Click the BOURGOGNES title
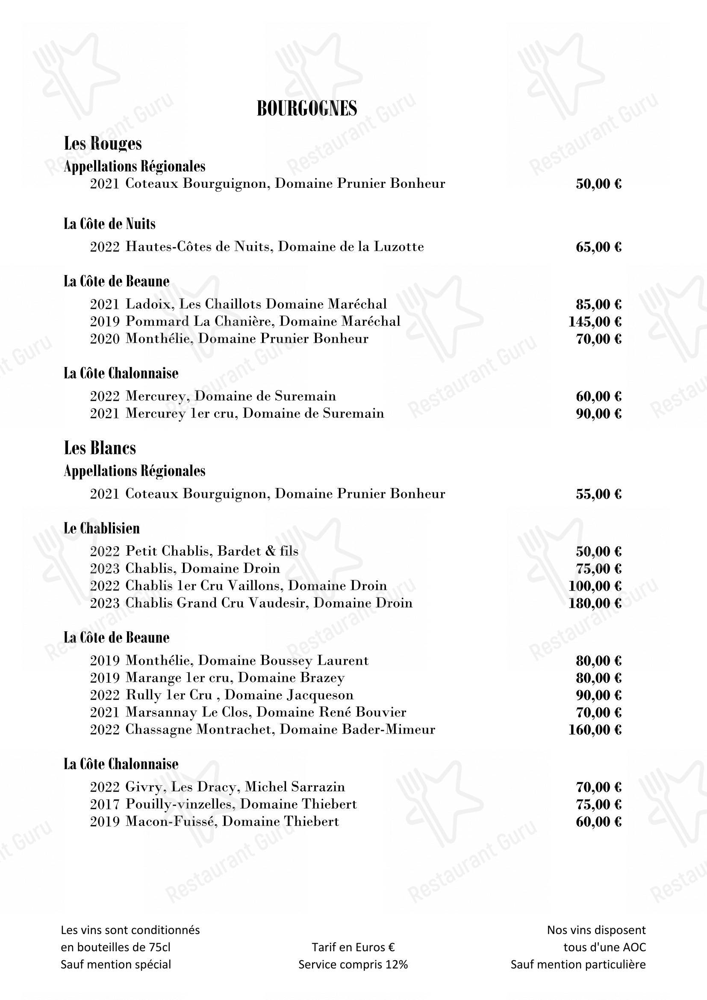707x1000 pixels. pos(307,109)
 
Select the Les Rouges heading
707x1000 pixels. pos(103,143)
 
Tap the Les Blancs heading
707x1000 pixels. pos(100,448)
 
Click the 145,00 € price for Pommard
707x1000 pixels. pos(595,322)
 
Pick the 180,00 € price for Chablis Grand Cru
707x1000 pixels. pos(595,603)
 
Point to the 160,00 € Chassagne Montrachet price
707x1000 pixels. pos(595,730)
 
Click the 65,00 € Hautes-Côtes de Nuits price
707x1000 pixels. pos(598,247)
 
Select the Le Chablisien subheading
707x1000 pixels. pos(101,528)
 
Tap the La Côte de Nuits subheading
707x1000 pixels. pos(109,224)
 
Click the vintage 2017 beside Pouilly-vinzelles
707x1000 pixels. pos(104,804)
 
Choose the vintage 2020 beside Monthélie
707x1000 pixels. pos(104,339)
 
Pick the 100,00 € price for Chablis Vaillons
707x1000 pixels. pos(595,586)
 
